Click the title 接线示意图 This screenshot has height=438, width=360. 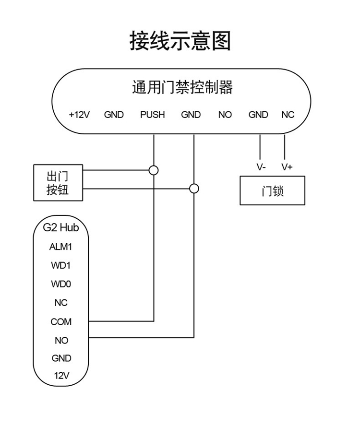180,41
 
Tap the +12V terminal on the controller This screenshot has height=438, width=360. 79,115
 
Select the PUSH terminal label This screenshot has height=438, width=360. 152,115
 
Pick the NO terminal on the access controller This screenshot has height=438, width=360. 225,115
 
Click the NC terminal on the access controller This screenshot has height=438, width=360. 288,115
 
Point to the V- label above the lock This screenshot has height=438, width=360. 261,167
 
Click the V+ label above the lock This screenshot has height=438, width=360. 287,167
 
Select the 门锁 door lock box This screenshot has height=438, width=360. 272,191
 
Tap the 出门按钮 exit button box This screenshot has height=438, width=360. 58,183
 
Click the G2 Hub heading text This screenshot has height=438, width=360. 60,227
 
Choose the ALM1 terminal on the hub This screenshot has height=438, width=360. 61,247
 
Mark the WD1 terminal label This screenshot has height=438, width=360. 61,265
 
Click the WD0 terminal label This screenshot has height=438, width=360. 61,284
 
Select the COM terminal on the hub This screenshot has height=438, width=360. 61,322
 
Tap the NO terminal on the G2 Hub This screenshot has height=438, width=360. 61,341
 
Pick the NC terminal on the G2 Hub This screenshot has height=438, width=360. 61,303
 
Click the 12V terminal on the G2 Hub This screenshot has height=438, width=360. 61,376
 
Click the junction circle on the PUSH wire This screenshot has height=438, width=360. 154,170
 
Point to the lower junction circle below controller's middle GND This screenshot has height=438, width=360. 194,189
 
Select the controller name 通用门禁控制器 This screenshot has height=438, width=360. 182,87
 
